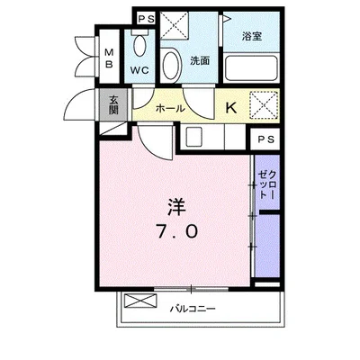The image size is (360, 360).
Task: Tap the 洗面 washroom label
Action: coord(200,61)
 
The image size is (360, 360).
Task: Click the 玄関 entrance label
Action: coord(114,105)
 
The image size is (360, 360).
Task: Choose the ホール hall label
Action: coord(171,108)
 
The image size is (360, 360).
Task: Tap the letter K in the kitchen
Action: coord(230,108)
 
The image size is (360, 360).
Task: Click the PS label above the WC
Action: coord(146,18)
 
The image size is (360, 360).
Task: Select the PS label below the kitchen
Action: coord(265,139)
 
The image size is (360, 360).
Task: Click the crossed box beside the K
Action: coord(262,106)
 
